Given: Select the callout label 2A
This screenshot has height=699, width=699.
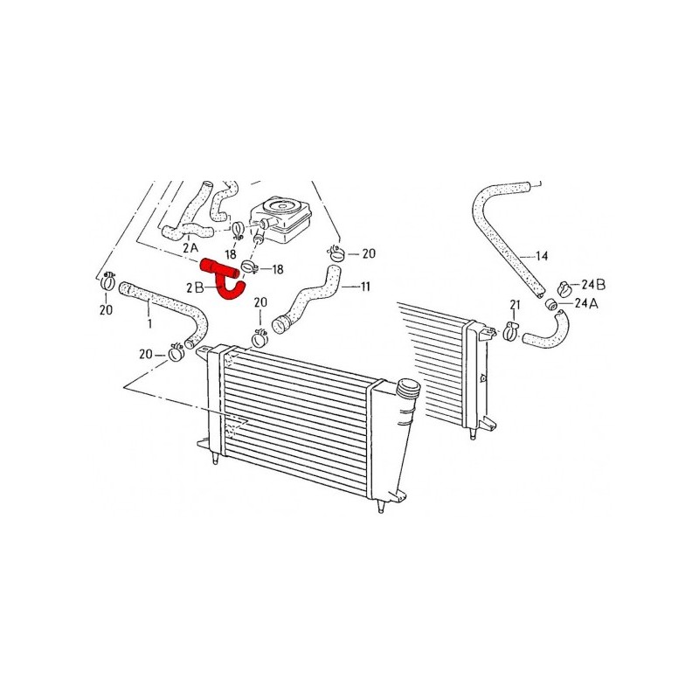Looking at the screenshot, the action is pos(190,248).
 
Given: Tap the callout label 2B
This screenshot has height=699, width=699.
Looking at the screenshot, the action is pos(195,288).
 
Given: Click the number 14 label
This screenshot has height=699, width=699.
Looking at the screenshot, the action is pos(542,256).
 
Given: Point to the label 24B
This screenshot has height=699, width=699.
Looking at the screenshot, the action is pos(593,285).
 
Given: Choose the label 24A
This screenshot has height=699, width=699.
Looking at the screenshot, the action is pos(586,303).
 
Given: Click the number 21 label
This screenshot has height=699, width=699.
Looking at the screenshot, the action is pos(515,305).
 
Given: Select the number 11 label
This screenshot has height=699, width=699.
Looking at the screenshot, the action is pos(365,287).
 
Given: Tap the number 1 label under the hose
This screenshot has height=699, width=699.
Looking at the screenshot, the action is pos(149,323).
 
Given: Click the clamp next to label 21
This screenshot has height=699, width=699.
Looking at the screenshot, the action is pos(510,331).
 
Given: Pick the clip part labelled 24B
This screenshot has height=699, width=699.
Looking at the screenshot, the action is pos(564,289).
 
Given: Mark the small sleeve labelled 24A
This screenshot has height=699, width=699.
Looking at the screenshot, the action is pos(551,305).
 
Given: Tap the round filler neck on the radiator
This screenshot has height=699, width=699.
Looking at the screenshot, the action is pos(407,388).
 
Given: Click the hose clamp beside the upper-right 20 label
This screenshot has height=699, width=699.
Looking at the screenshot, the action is pos(336,253).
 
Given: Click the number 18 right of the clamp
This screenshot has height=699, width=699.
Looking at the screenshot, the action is pos(277,269).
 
